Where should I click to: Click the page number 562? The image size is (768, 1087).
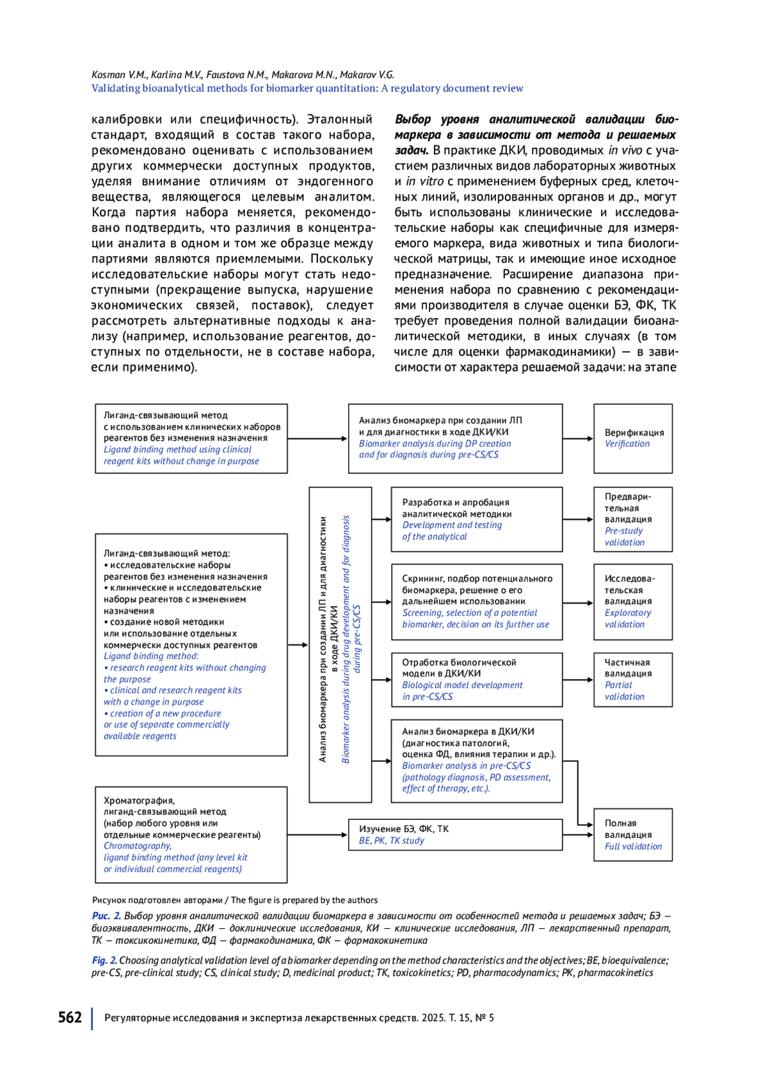coord(70,1017)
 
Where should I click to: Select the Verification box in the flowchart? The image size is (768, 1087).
coord(632,439)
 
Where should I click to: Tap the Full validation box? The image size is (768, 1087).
coord(632,835)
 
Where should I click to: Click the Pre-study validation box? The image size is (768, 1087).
coord(632,519)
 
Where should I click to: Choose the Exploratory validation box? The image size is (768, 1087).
coord(632,602)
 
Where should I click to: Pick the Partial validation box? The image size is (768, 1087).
coord(632,680)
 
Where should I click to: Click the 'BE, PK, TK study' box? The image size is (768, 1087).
coord(455,835)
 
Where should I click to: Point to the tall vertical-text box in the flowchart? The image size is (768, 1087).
coord(340,644)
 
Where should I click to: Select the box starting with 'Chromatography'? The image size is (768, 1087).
coord(191,835)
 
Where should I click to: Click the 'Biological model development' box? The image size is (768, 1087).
coord(476,680)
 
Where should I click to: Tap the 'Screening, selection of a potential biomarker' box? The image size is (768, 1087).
coord(476,602)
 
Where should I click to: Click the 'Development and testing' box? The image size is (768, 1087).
coord(476,519)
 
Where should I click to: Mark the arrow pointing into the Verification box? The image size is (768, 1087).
coord(578,439)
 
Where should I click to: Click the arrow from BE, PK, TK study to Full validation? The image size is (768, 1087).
coord(578,835)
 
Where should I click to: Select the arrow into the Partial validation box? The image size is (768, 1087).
coord(578,680)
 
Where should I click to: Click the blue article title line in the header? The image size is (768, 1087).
coord(307,88)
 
